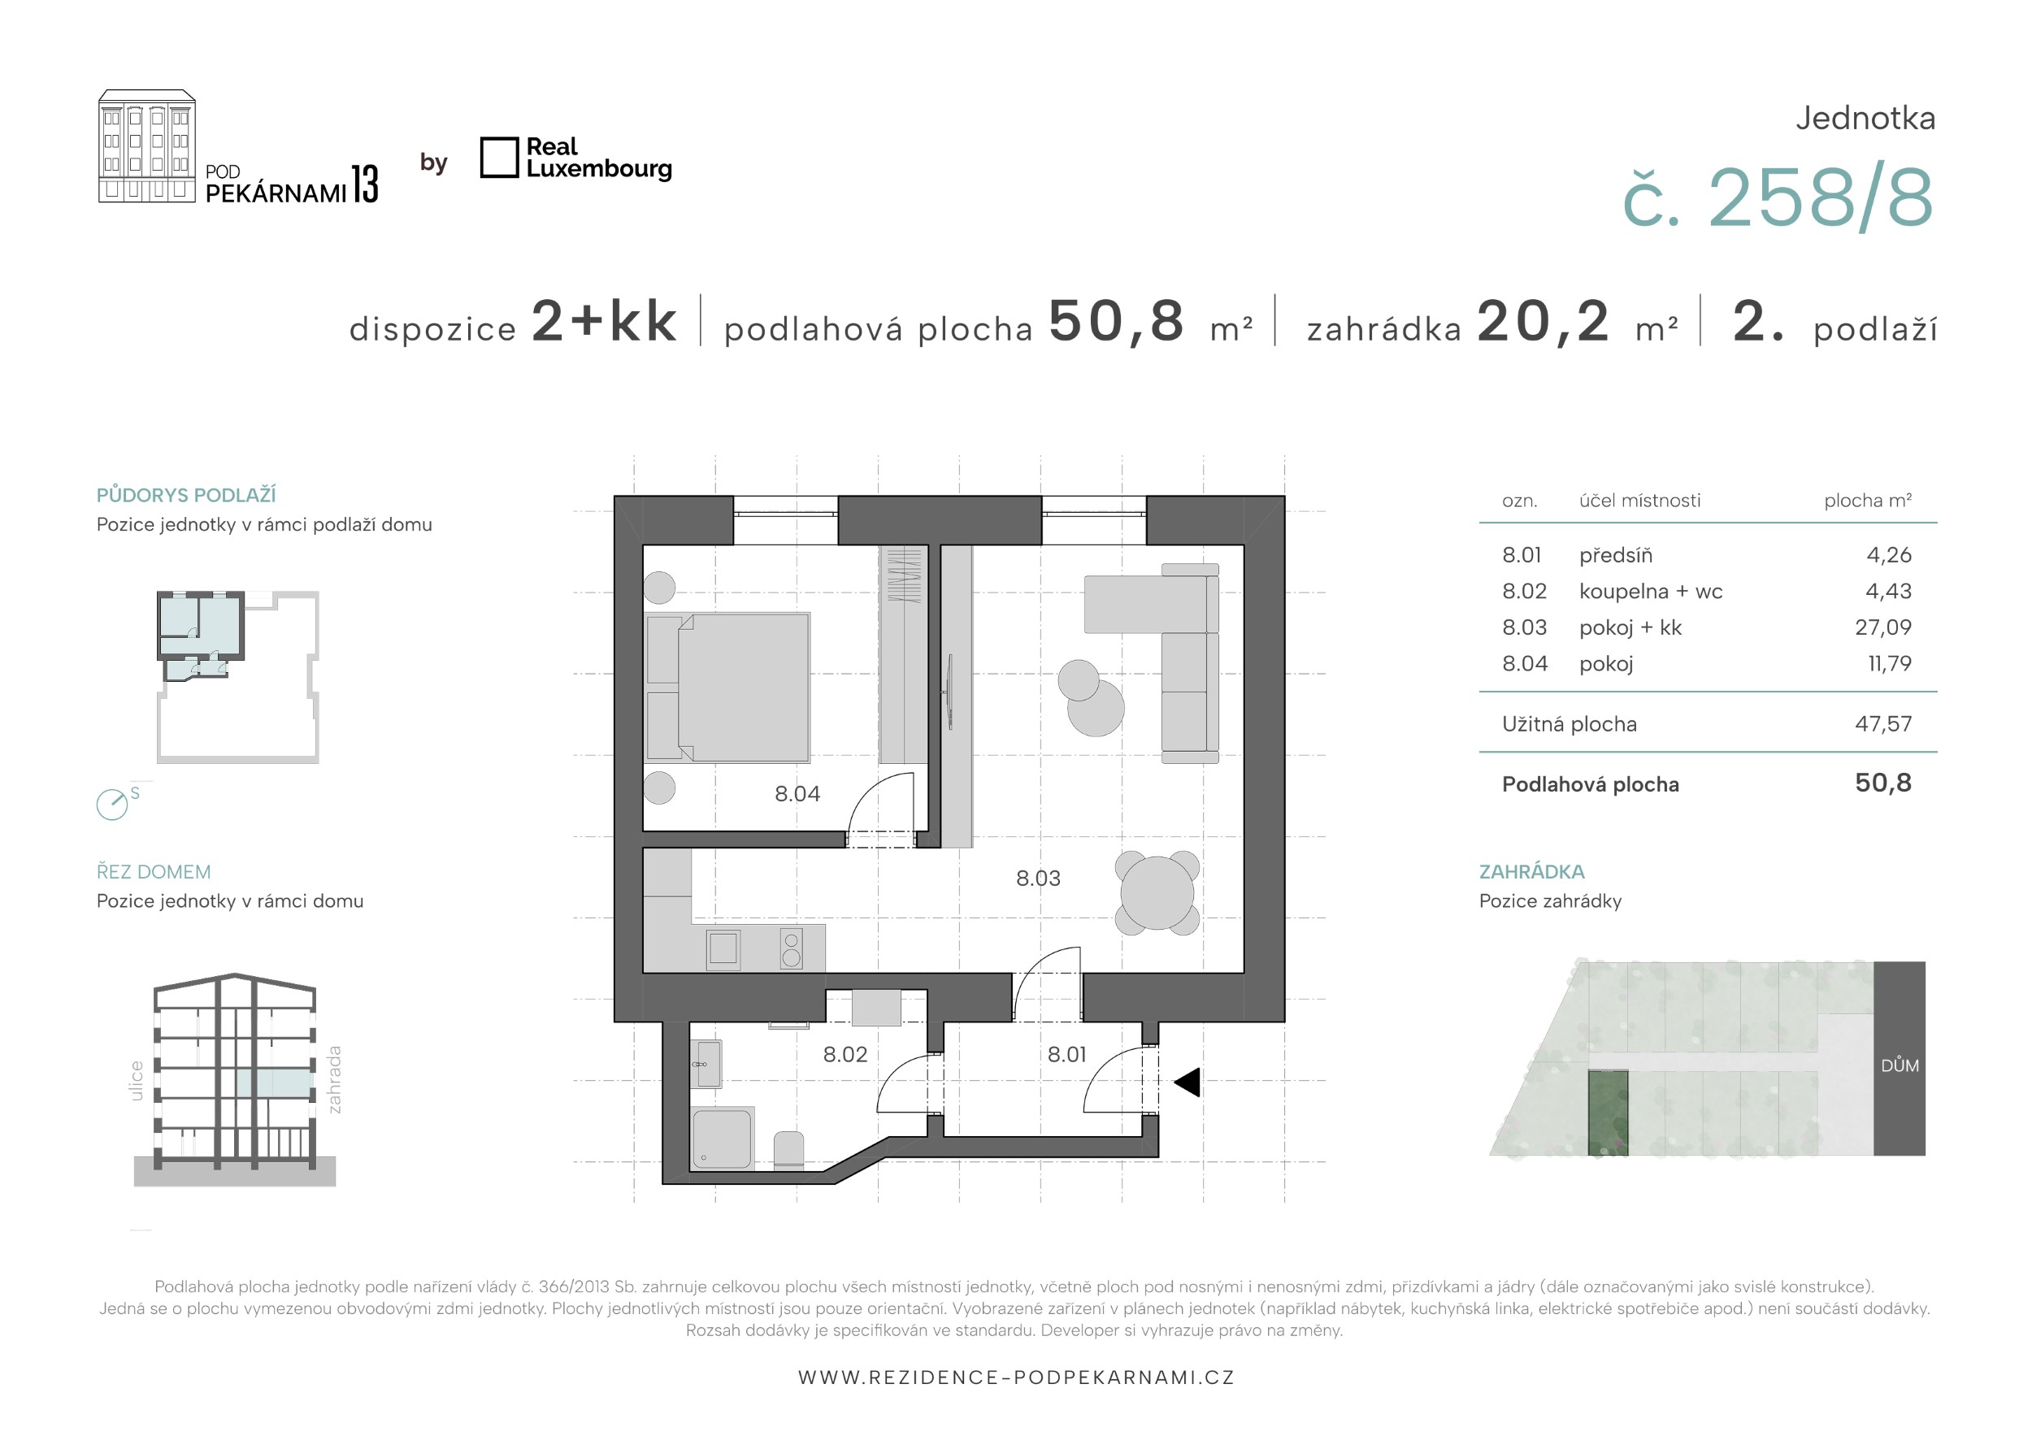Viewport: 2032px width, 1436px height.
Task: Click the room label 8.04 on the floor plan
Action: (797, 794)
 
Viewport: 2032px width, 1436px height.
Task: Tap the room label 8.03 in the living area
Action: (1037, 878)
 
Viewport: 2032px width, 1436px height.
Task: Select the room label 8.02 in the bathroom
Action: (844, 1054)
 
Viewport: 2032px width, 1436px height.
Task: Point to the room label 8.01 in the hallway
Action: (1066, 1054)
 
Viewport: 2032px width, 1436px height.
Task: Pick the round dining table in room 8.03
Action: (1157, 893)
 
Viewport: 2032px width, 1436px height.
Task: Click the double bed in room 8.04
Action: (727, 688)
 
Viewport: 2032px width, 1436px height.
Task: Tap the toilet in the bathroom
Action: (788, 1151)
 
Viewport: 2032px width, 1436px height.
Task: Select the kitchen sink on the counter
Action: (723, 948)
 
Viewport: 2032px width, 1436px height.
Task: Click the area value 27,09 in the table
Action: (1882, 627)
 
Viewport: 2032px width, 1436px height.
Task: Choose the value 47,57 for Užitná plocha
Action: (1882, 724)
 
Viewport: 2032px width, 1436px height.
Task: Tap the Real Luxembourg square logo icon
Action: (499, 158)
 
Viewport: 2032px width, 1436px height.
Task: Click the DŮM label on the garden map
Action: (1900, 1065)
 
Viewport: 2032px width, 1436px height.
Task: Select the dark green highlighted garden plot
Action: (1608, 1113)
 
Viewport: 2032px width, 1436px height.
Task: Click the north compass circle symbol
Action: (112, 805)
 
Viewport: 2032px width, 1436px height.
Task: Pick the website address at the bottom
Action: (1016, 1377)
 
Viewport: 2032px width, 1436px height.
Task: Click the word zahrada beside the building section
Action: (333, 1079)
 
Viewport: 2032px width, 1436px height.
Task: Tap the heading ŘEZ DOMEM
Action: (153, 871)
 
